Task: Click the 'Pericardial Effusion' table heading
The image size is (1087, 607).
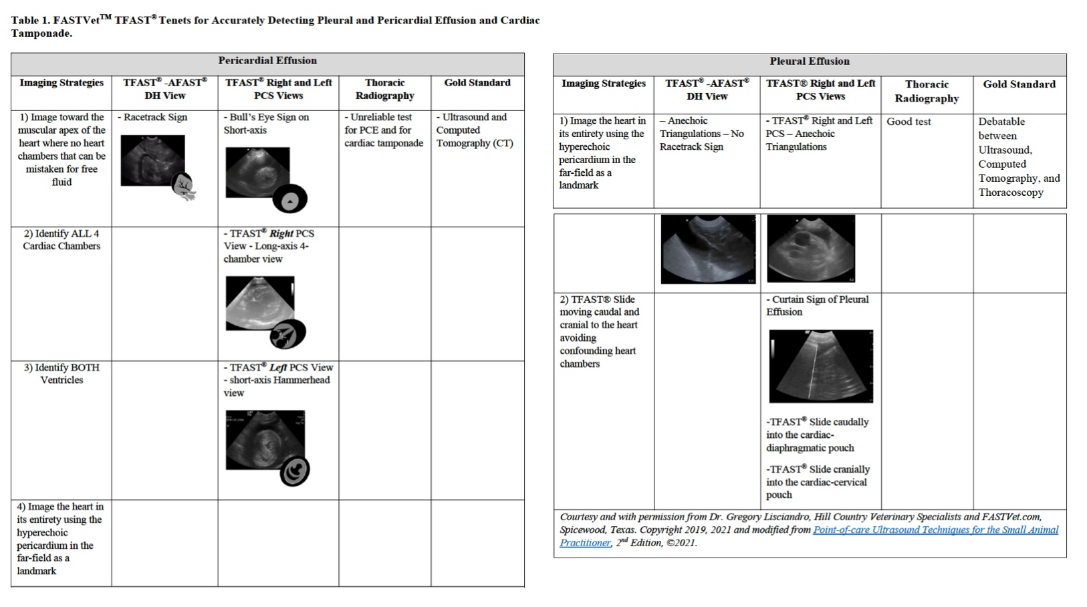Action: tap(267, 61)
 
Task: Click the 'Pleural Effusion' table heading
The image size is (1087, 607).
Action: tap(809, 62)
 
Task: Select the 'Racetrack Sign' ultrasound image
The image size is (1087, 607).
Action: tap(152, 160)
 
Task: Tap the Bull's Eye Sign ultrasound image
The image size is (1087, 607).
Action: tap(257, 172)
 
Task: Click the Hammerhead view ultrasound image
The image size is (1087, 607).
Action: tap(265, 440)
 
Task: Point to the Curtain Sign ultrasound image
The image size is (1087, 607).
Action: tap(820, 366)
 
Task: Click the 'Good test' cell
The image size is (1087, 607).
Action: tap(909, 122)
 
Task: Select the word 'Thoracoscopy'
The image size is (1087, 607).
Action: tap(1010, 193)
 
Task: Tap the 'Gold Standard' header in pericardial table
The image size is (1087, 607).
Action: tap(477, 83)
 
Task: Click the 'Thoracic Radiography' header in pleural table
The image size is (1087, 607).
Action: tap(927, 92)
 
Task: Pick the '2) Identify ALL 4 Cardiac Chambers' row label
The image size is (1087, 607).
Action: tap(62, 239)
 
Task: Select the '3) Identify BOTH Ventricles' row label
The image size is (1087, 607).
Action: tap(62, 374)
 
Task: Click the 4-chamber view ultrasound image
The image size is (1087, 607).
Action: tap(259, 303)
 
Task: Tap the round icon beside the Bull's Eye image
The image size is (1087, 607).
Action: tap(290, 199)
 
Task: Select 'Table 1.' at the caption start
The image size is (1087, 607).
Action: tap(30, 20)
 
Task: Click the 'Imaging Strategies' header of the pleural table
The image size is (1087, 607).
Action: tap(603, 84)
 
